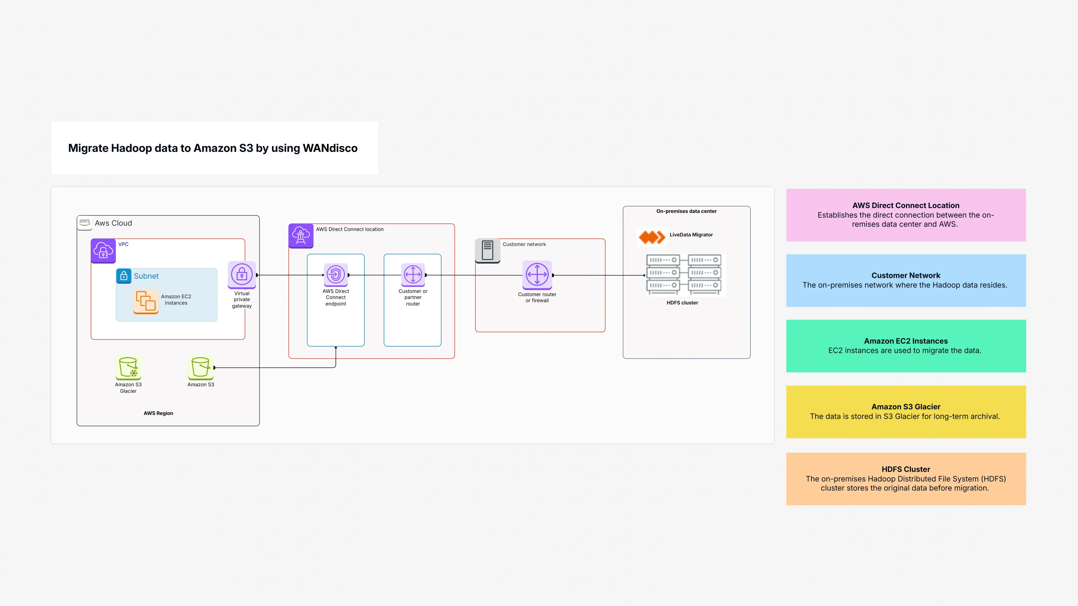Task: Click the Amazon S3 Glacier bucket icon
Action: [128, 367]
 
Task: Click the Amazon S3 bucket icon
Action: [200, 367]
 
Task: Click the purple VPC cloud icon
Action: [103, 251]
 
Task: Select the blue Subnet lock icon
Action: [124, 276]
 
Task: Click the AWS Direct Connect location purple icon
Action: [301, 236]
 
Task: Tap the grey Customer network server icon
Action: [487, 250]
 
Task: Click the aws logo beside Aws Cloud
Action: [84, 222]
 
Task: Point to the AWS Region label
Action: [158, 413]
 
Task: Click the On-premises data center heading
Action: [686, 211]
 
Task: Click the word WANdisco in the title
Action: [330, 148]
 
